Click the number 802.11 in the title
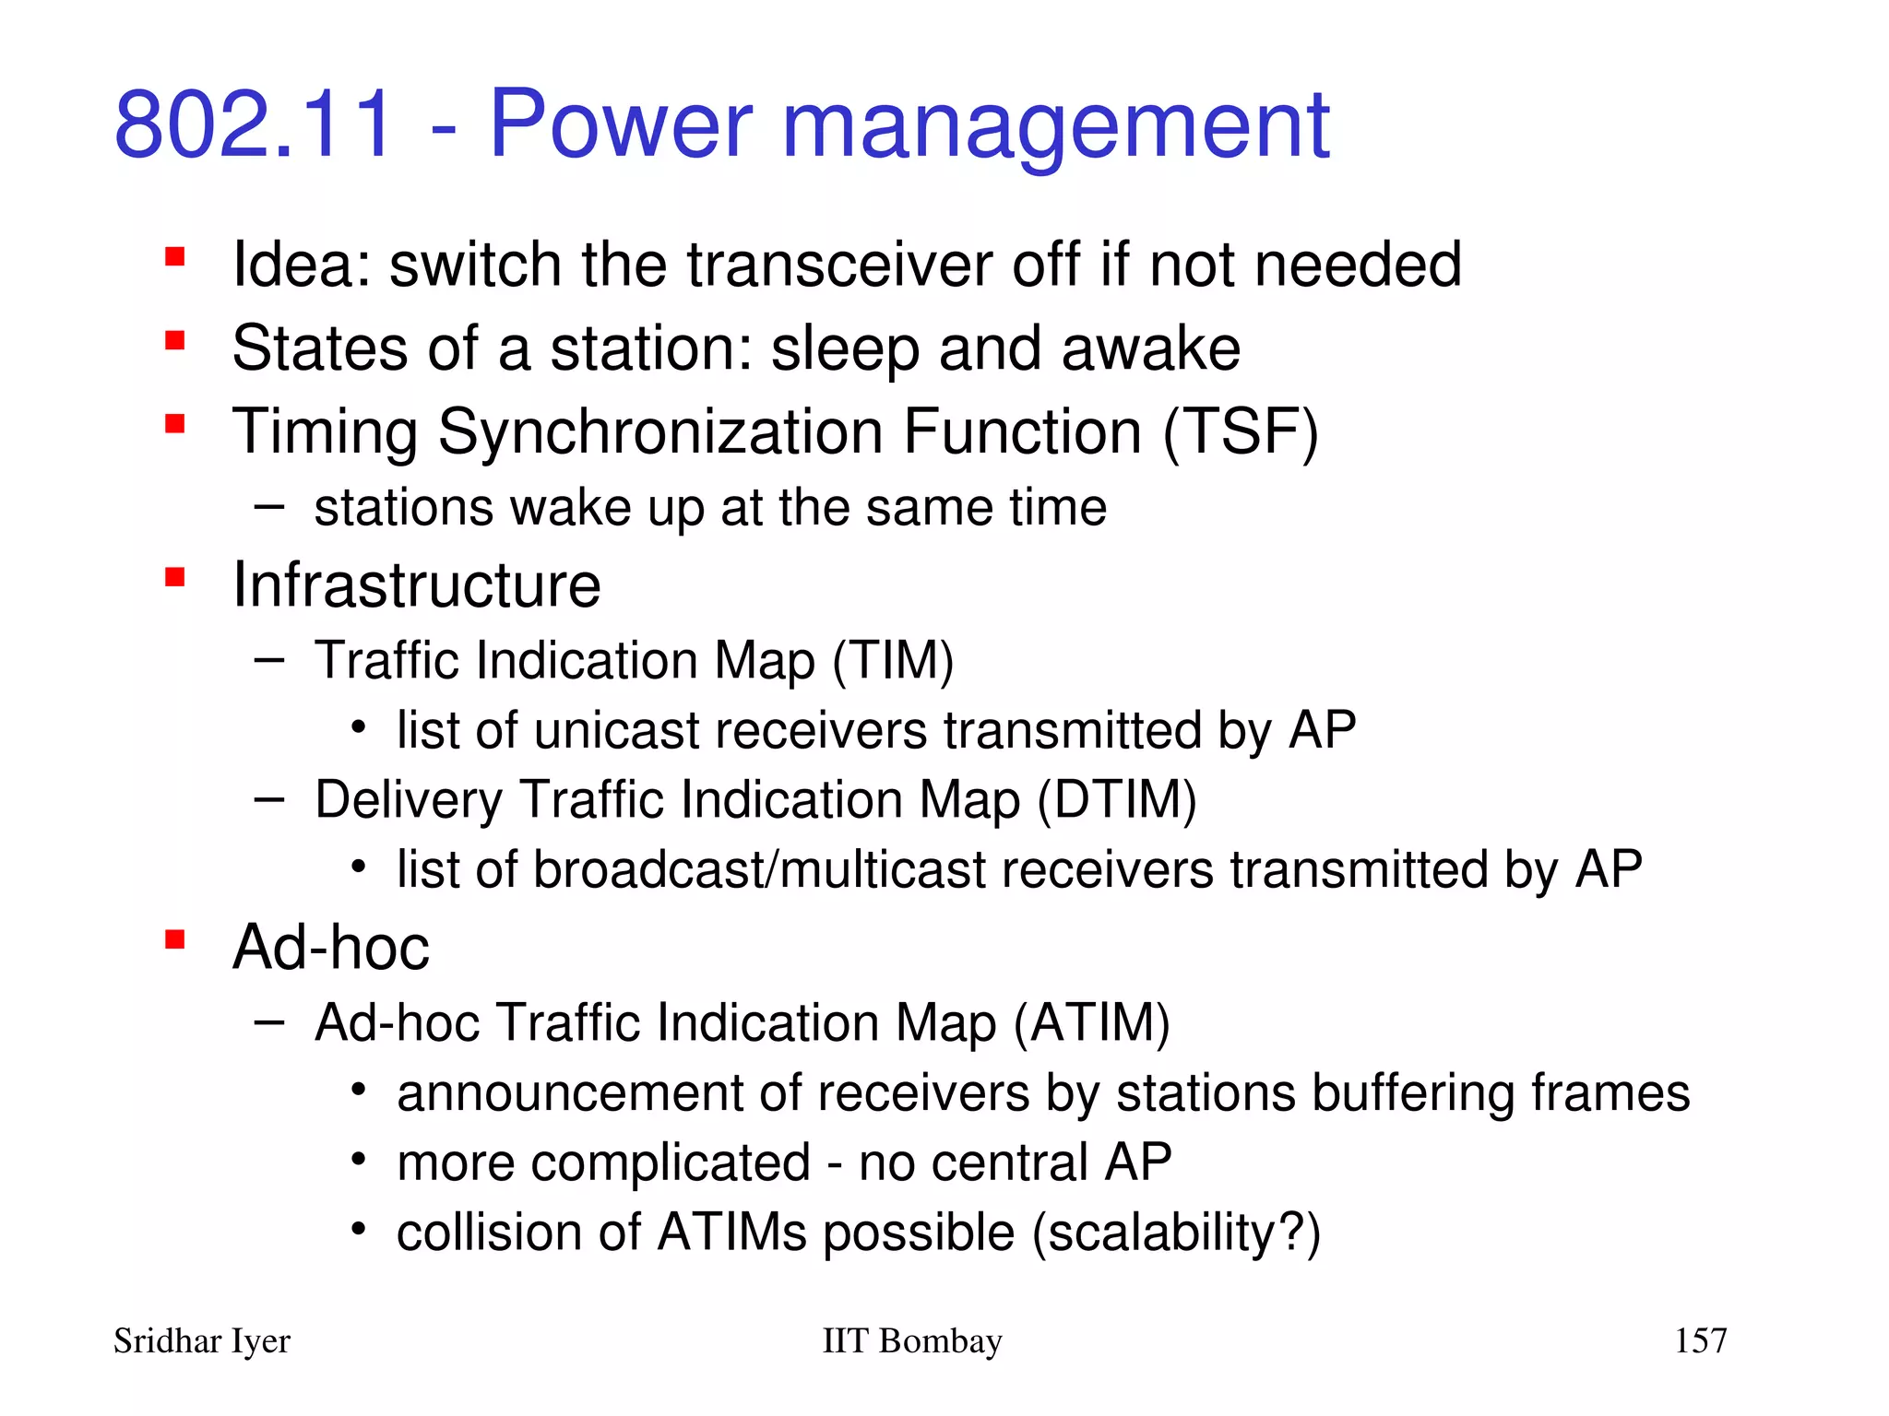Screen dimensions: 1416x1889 pyautogui.click(x=254, y=124)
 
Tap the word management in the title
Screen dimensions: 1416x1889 pyautogui.click(x=1055, y=126)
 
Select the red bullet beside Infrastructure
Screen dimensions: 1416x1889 pyautogui.click(x=174, y=578)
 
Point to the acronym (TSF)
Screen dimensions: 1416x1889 pyautogui.click(x=1241, y=431)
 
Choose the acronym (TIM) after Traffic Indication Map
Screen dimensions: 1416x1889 pyautogui.click(x=892, y=661)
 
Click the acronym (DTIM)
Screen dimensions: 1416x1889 pyautogui.click(x=1117, y=799)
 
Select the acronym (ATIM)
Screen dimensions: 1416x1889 pyautogui.click(x=1091, y=1023)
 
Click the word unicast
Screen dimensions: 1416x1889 pyautogui.click(x=617, y=730)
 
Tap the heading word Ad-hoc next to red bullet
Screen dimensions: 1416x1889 pyautogui.click(x=330, y=948)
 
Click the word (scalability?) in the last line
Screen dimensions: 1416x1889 pyautogui.click(x=1176, y=1233)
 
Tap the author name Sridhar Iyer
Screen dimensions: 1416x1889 pyautogui.click(x=201, y=1341)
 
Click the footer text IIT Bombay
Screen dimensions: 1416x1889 pyautogui.click(x=911, y=1341)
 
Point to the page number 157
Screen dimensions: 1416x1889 pyautogui.click(x=1700, y=1340)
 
